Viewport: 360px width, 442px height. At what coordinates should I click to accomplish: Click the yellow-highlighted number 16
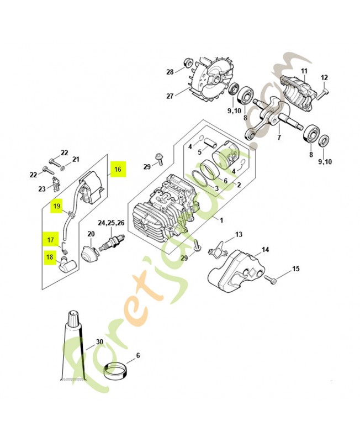(118, 170)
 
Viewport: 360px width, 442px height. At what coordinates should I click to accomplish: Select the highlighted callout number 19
(57, 207)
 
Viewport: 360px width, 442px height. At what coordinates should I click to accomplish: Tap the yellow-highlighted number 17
(50, 240)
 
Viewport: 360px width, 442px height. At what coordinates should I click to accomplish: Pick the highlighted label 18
(50, 256)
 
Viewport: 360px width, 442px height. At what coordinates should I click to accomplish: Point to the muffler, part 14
(235, 270)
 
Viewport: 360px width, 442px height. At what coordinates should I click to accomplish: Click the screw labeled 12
(323, 93)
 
